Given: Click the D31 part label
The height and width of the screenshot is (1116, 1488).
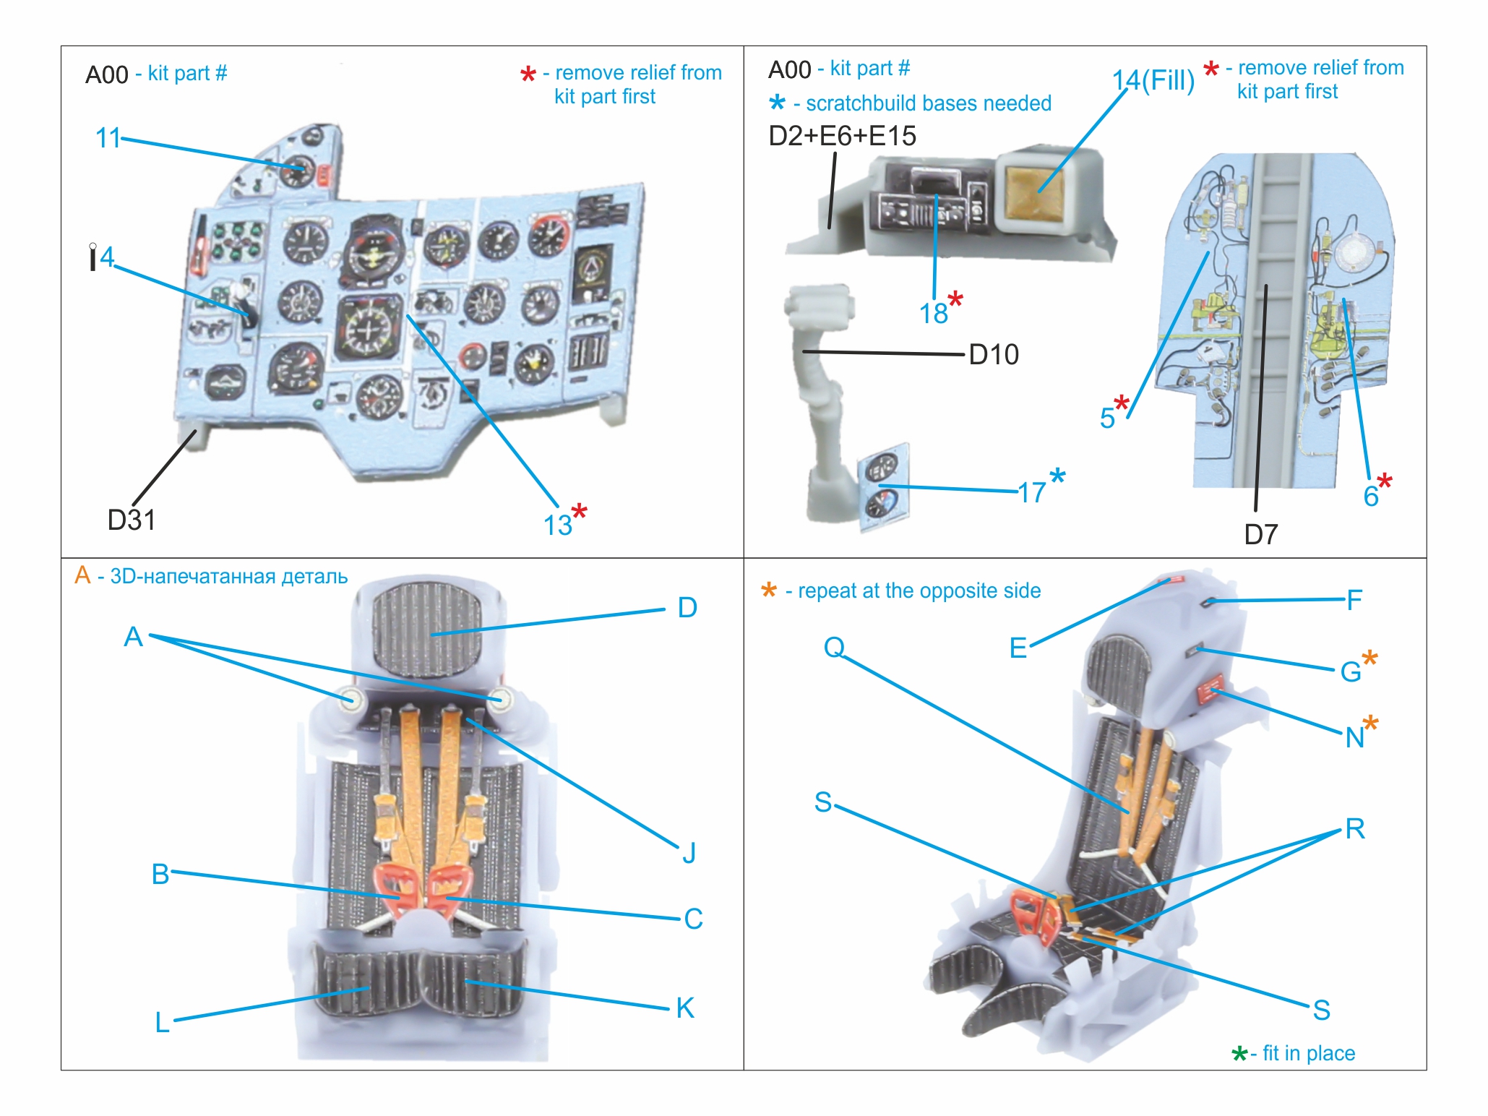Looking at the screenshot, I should click(131, 520).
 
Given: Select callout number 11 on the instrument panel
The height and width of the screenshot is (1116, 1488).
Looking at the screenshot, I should click(108, 137).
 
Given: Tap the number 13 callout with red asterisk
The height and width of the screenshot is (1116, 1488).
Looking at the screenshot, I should click(558, 525).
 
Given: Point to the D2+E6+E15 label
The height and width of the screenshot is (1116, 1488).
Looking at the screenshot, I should click(842, 136).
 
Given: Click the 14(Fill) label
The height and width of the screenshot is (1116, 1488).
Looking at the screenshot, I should click(1153, 80).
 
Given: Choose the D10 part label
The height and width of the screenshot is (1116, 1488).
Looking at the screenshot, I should click(994, 355).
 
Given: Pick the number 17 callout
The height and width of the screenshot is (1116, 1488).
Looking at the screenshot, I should click(1032, 492).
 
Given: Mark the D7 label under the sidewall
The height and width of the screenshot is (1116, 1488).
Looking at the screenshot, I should click(1260, 535).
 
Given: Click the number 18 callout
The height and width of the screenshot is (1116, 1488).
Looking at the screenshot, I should click(933, 314).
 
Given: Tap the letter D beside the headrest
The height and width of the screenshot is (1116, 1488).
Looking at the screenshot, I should click(687, 608).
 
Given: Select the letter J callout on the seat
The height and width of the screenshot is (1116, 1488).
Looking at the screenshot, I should click(689, 853).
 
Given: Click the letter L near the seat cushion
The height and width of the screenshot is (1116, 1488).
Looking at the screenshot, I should click(163, 1022).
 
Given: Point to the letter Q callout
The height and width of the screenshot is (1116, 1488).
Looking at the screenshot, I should click(834, 647).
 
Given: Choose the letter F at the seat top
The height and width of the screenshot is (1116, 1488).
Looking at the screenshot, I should click(1354, 600).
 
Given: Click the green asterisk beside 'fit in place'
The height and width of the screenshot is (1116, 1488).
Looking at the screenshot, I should click(1239, 1054).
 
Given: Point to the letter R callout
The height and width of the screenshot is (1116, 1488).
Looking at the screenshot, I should click(1355, 829).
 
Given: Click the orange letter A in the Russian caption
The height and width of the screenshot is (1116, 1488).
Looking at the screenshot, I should click(82, 575).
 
